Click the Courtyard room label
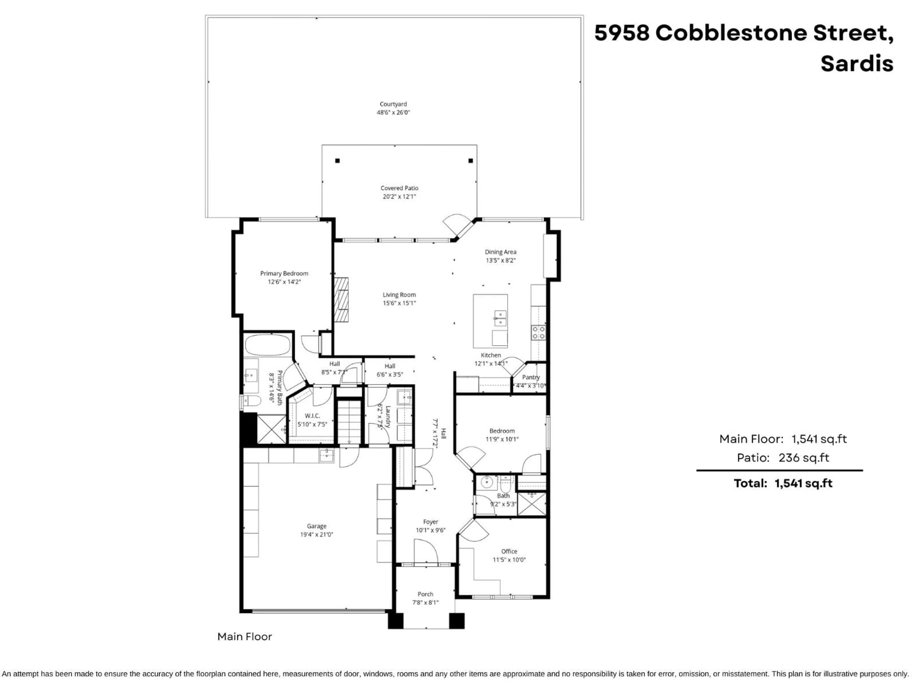click(x=393, y=104)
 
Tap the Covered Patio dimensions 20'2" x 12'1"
click(x=399, y=197)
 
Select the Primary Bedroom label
click(x=284, y=273)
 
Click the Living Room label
click(x=399, y=295)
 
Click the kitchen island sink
click(x=500, y=318)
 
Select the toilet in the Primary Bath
click(x=252, y=401)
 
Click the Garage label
click(x=316, y=526)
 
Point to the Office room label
click(x=509, y=552)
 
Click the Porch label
click(x=425, y=594)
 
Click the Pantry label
click(x=531, y=377)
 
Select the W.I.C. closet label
click(x=312, y=416)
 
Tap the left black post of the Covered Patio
click(x=338, y=161)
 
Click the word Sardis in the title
click(x=857, y=64)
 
